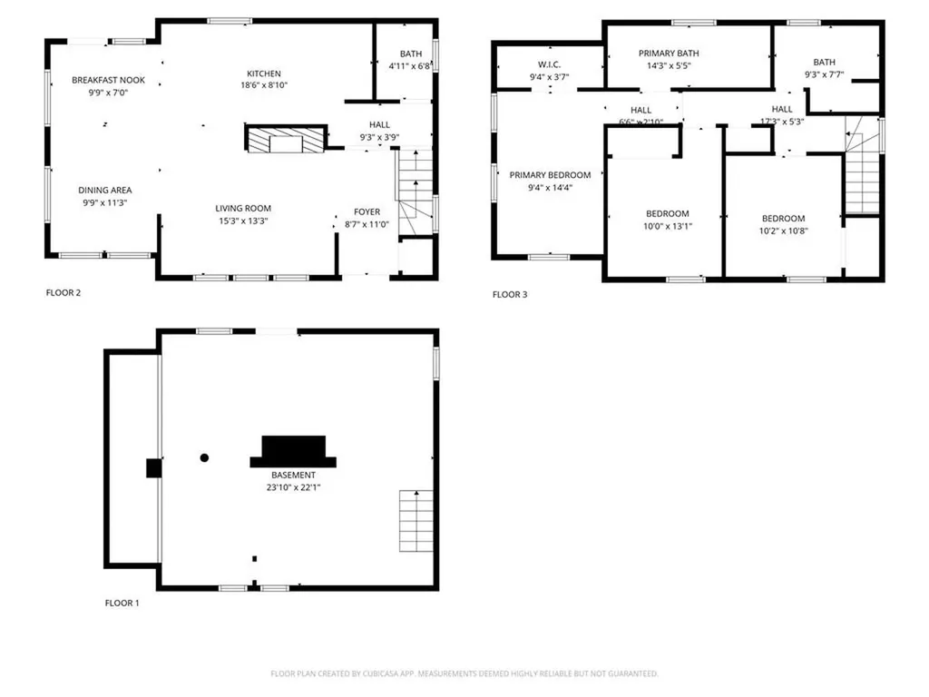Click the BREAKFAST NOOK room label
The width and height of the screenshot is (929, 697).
[108, 81]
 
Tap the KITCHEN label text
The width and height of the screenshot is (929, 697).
[264, 74]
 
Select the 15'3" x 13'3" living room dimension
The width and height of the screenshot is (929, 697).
[242, 221]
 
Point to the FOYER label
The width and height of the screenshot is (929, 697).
[367, 211]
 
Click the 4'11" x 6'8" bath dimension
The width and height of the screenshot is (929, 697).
[409, 66]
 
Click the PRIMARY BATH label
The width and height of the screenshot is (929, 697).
[669, 54]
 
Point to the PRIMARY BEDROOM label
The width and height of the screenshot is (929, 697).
[550, 175]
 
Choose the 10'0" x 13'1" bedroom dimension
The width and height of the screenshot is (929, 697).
[667, 227]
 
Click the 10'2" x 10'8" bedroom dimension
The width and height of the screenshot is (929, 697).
[783, 231]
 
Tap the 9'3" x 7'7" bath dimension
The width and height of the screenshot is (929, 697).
[825, 74]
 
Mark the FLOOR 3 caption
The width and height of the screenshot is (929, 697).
[510, 295]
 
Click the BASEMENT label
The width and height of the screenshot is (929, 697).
[293, 475]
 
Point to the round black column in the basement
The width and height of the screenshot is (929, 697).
[205, 457]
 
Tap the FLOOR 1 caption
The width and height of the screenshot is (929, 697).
[122, 603]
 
